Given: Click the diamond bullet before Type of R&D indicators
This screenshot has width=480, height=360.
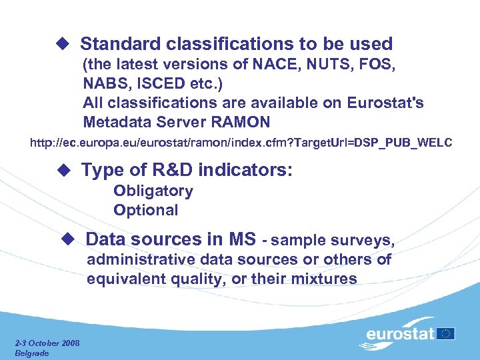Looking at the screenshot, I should (63, 170).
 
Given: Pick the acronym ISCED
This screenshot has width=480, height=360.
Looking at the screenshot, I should (163, 85).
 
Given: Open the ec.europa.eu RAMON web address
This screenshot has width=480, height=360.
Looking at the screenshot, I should (241, 143).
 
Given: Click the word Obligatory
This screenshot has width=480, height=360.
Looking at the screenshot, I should (153, 191).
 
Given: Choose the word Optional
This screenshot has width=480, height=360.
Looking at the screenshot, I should (145, 210).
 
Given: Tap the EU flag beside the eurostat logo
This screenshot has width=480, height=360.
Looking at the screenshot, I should (446, 333).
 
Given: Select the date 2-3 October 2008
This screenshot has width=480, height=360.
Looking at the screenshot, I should (47, 343).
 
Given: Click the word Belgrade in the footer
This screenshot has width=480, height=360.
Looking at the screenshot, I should (31, 353).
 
